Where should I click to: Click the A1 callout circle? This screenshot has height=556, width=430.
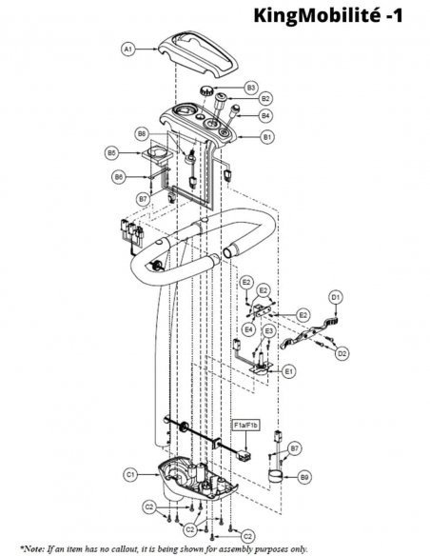point(128,49)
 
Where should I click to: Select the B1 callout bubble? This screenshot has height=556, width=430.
point(267,136)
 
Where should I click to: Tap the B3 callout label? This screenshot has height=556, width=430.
point(251,88)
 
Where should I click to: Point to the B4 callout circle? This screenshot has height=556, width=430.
point(265,115)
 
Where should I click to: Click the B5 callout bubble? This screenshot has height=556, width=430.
point(111,153)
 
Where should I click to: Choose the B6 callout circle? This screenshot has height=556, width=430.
point(119,176)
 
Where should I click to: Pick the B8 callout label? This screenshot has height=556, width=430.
point(142,133)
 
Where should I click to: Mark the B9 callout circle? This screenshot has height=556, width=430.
point(304,477)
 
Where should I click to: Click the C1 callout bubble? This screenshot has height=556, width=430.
point(131,474)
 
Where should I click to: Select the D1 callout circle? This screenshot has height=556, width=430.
point(336,297)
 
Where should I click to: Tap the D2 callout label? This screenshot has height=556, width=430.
point(342,353)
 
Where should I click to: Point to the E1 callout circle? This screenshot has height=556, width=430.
point(289,371)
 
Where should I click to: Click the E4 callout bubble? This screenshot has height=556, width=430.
point(249,329)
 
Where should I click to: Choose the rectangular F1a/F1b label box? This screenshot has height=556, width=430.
point(246,425)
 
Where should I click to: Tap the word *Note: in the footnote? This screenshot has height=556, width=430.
point(33,549)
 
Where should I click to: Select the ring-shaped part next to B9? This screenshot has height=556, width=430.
point(275,475)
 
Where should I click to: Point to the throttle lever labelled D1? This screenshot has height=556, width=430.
point(310,333)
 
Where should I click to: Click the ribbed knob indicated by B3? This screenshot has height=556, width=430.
point(205,90)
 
